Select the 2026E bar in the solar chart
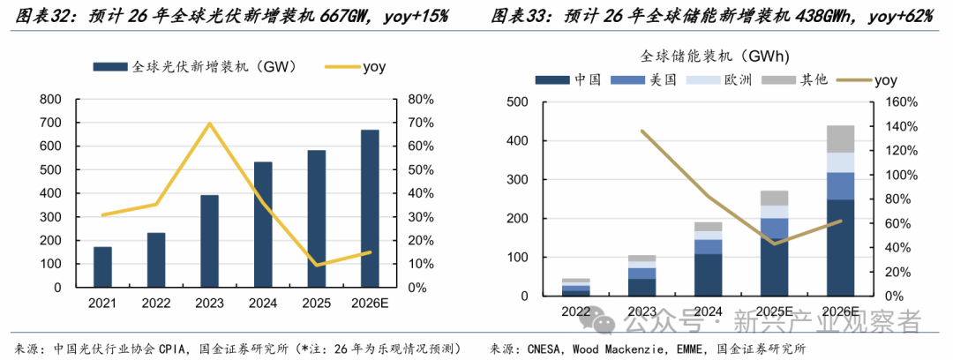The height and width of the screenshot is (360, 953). point(370,208)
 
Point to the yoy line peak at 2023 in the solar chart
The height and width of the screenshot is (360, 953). point(209,124)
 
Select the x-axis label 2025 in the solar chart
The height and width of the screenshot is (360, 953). point(316,304)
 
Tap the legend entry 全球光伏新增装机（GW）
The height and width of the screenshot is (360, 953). point(194,66)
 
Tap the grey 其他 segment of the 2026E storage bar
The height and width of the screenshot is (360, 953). point(840,139)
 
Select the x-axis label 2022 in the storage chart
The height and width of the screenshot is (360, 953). point(575,311)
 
